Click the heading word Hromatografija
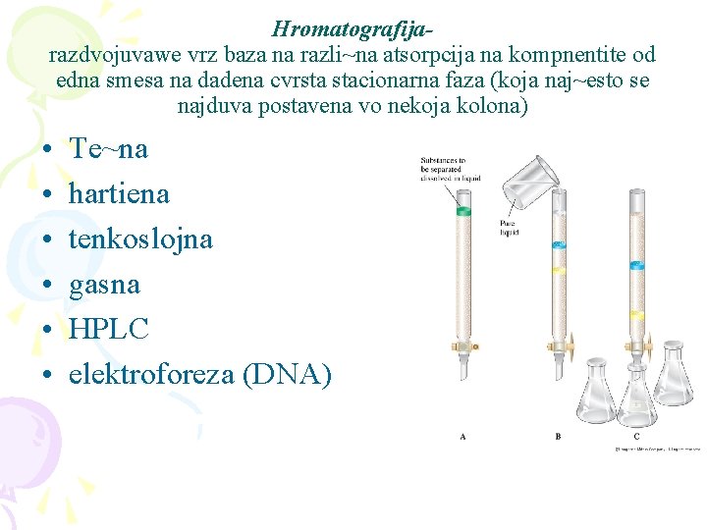353,28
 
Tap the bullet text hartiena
119,193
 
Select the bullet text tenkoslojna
140,238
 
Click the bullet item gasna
104,285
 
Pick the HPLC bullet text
108,329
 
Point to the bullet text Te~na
108,148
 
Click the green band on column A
463,210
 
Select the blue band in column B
558,242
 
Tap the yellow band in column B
558,267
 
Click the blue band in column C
637,264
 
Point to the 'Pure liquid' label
508,229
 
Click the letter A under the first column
462,436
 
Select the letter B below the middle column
558,436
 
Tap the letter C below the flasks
636,436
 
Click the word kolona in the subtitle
495,105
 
